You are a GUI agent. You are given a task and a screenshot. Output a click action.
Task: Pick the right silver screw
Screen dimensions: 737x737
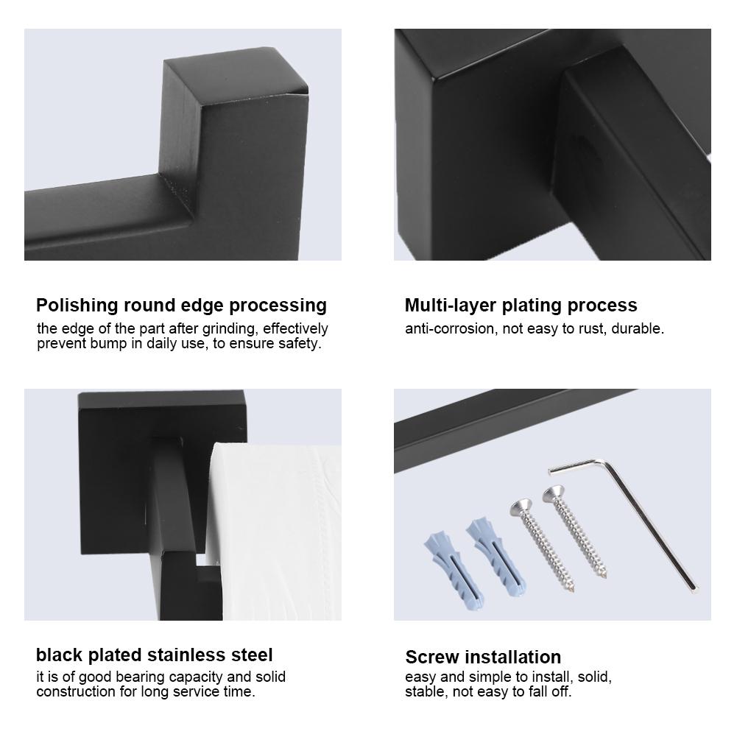pyautogui.click(x=576, y=533)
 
